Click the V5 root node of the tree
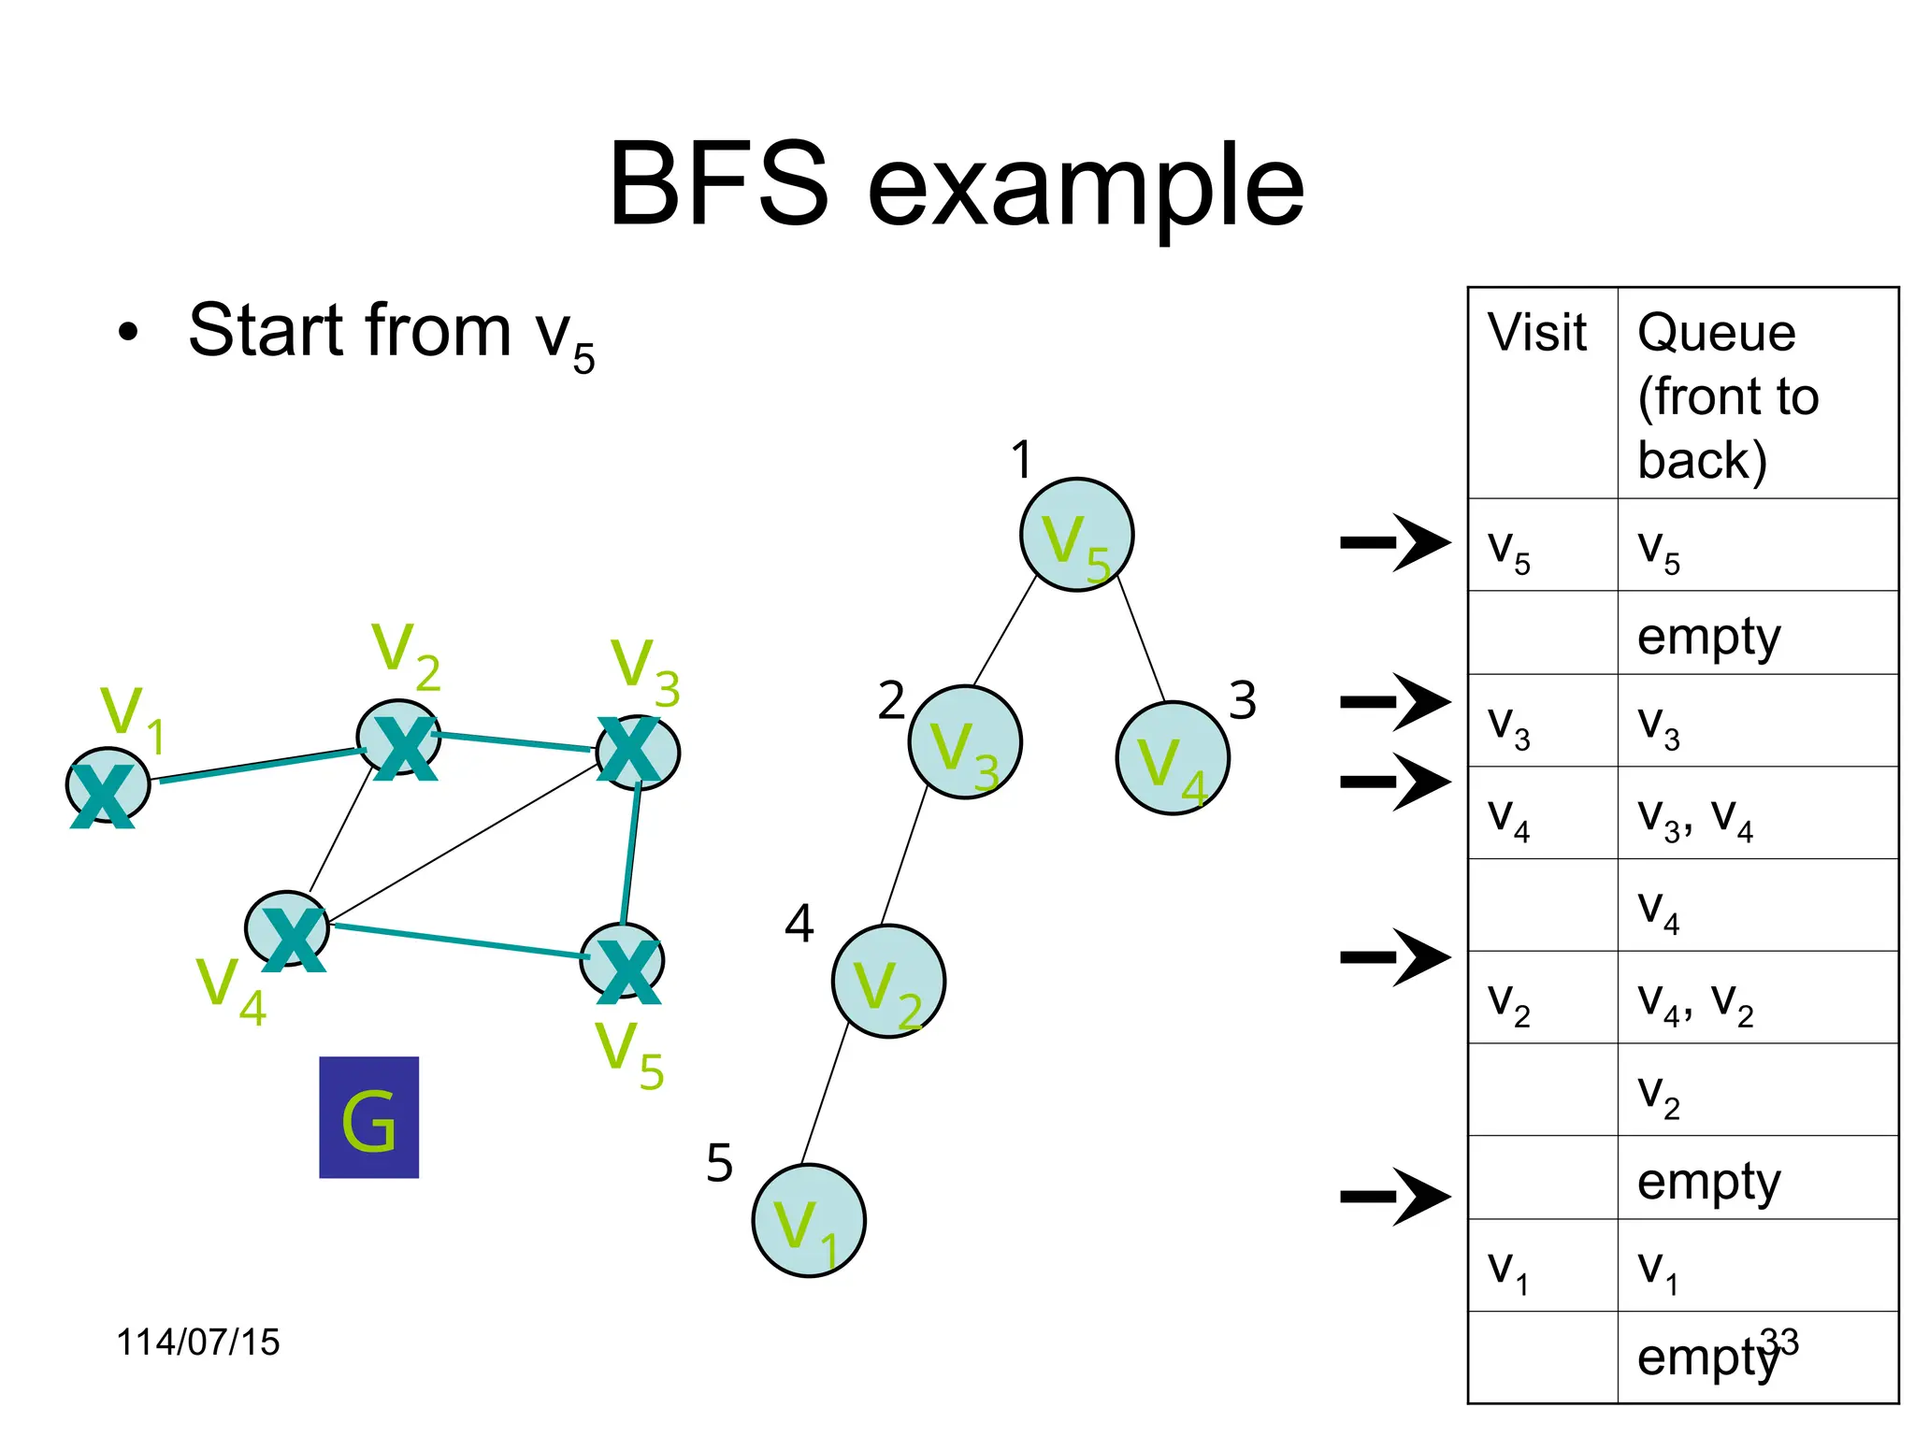1076,535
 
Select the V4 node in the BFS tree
1172,758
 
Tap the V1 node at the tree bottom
808,1220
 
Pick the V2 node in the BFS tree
888,981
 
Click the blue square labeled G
368,1117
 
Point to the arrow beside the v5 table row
1395,542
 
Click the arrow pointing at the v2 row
1395,957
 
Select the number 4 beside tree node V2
799,924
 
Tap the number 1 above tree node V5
1021,460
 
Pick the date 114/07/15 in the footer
197,1342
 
